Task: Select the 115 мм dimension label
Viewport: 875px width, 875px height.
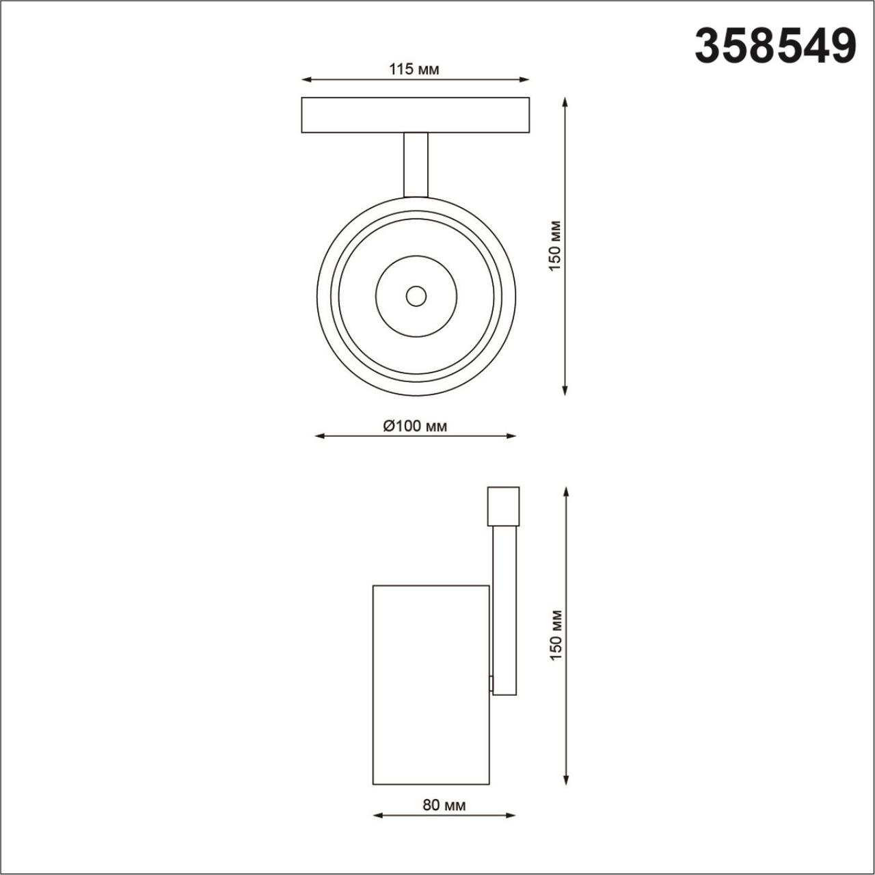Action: pyautogui.click(x=414, y=69)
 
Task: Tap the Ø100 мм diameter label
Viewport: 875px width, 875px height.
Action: pyautogui.click(x=415, y=427)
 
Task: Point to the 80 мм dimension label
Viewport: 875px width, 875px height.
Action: pyautogui.click(x=444, y=805)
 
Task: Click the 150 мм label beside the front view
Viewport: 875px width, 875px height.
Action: pyautogui.click(x=555, y=245)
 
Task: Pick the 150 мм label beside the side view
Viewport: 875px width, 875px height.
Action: pyautogui.click(x=556, y=634)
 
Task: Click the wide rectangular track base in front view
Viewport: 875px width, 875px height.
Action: pyautogui.click(x=416, y=115)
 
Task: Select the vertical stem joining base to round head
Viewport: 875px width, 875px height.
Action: pyautogui.click(x=416, y=165)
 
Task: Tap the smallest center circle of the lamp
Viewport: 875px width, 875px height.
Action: pyautogui.click(x=416, y=296)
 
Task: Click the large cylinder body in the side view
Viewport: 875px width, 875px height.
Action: pyautogui.click(x=431, y=684)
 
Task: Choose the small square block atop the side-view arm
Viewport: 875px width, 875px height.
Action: pyautogui.click(x=503, y=506)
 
